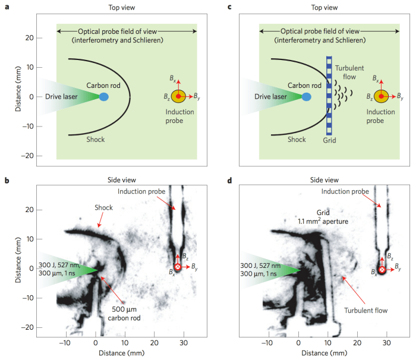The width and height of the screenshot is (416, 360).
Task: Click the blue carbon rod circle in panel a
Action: tap(104, 96)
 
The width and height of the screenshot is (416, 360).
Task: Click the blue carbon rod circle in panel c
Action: tap(307, 96)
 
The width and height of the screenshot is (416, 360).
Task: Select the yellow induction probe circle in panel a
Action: tap(178, 96)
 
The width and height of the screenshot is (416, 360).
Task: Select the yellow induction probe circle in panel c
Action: tap(381, 96)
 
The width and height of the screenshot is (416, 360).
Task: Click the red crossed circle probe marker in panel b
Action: tap(177, 267)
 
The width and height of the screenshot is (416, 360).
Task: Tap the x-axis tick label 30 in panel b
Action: tap(183, 343)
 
